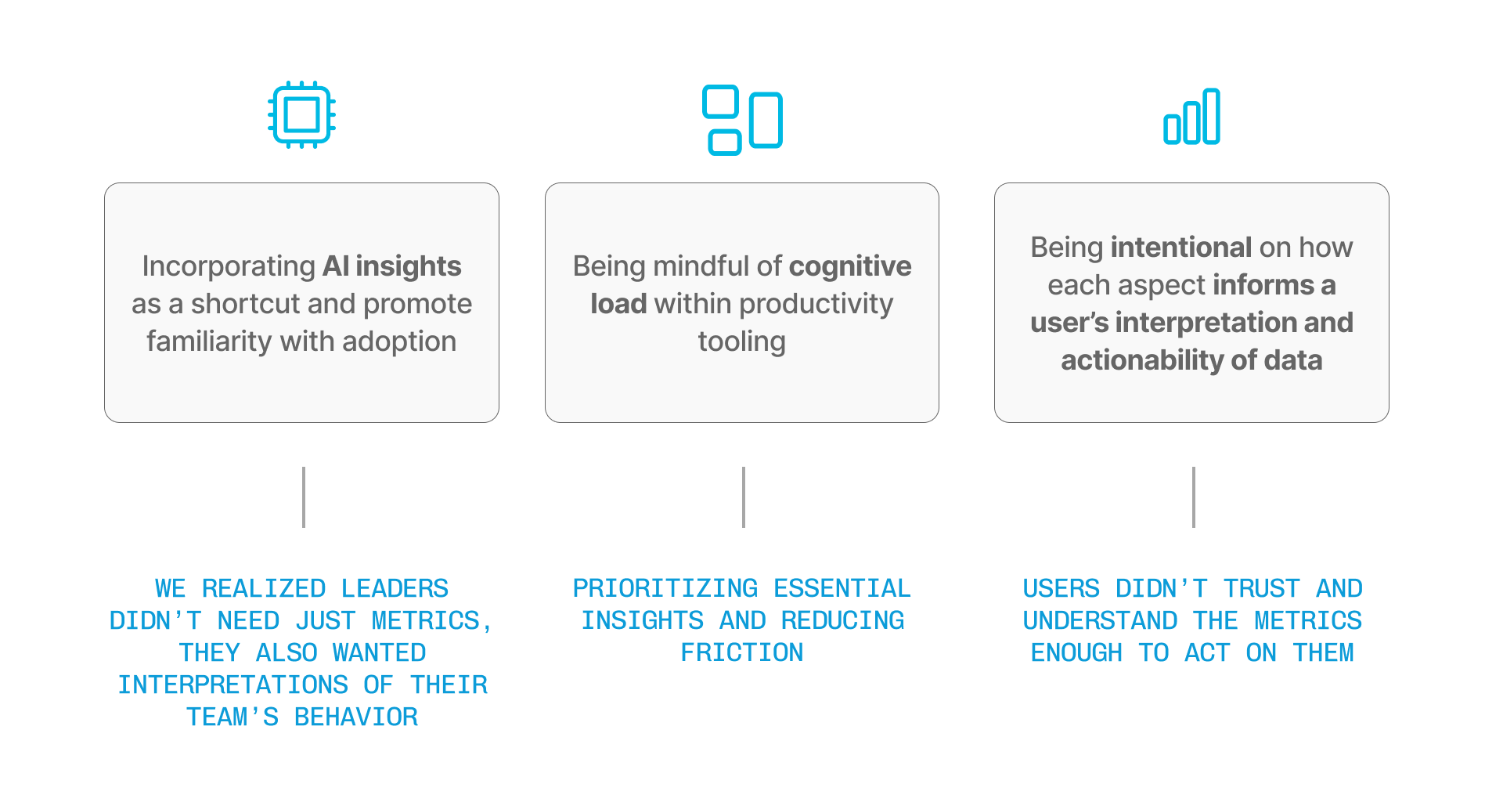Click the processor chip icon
(x=301, y=115)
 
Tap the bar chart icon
(x=1191, y=117)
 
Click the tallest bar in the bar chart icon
(x=1212, y=117)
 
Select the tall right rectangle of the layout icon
(x=766, y=120)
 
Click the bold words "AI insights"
(x=392, y=266)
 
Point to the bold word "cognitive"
(x=850, y=266)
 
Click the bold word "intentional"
(x=1181, y=247)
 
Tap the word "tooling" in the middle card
(x=742, y=341)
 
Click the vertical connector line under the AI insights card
(x=304, y=497)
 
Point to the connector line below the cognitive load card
(x=744, y=497)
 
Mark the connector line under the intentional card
(x=1194, y=497)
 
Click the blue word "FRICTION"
(x=742, y=652)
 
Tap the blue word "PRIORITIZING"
(x=665, y=588)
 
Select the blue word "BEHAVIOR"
(x=356, y=717)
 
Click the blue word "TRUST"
(x=1262, y=588)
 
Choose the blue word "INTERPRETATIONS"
(x=233, y=685)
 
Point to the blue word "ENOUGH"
(x=1076, y=652)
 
